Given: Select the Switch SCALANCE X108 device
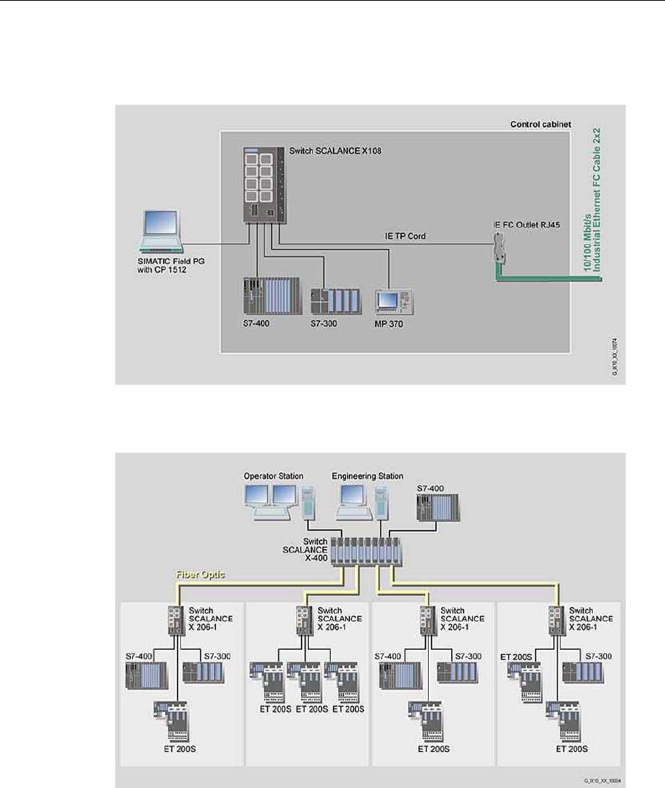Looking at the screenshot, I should (x=265, y=183).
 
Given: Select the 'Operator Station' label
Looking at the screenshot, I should (x=273, y=477).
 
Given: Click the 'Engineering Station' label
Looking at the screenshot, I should (x=367, y=477).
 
